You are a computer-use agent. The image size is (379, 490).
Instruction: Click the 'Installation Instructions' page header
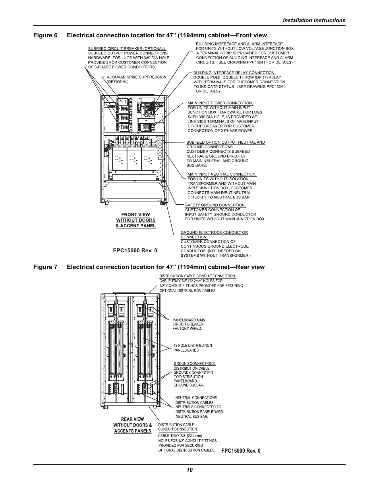point(314,21)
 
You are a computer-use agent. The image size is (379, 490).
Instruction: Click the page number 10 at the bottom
point(189,470)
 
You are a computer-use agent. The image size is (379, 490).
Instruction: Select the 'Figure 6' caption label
point(45,35)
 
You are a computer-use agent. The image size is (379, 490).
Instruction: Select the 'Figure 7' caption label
point(45,267)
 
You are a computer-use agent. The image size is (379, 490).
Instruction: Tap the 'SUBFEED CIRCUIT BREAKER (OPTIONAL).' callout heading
point(127,48)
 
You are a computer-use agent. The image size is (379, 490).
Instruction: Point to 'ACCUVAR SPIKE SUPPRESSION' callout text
point(137,77)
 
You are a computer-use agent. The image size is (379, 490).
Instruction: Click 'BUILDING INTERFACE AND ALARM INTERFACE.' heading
point(240,44)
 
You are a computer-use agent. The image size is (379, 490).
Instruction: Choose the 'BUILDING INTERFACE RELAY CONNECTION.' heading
point(234,73)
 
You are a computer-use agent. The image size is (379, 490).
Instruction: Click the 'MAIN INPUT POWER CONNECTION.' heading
point(220,103)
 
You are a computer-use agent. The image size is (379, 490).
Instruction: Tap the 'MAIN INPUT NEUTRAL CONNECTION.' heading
point(222,174)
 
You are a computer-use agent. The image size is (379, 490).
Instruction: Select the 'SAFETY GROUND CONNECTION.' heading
point(215,205)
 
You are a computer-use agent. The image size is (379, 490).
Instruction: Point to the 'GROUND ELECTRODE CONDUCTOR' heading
point(214,233)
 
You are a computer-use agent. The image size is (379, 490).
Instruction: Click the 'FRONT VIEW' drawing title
point(135,215)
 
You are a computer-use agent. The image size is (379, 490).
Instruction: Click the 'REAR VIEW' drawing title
point(133,419)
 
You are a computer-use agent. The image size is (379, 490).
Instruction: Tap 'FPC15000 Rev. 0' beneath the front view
point(135,250)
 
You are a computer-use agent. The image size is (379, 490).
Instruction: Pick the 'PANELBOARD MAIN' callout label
point(189,320)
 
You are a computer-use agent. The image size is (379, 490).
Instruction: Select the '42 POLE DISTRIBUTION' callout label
point(193,346)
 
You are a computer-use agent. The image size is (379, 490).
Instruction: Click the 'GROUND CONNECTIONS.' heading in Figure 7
point(195,364)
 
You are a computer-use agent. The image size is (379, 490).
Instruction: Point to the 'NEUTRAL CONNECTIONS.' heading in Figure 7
point(197,398)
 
